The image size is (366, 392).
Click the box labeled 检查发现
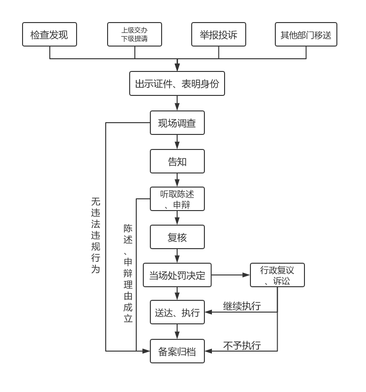(49, 34)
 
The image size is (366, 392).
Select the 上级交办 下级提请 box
(134, 34)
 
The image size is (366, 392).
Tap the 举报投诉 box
(218, 34)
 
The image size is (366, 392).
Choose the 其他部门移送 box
(306, 34)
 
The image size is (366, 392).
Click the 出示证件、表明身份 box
(177, 84)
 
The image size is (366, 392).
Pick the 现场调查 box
(177, 123)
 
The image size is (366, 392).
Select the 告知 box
(177, 161)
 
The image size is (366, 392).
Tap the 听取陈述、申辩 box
(177, 199)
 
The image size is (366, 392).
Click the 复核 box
(177, 237)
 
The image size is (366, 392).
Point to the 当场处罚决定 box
(177, 275)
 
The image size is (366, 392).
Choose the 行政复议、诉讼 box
(277, 275)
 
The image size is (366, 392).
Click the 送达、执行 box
(177, 312)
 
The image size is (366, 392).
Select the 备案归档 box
(177, 351)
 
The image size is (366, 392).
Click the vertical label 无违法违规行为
(96, 235)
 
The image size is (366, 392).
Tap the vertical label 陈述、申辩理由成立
(128, 273)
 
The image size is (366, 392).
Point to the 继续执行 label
(242, 306)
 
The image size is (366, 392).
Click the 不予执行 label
(242, 345)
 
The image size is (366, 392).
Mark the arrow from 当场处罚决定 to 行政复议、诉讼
(231, 274)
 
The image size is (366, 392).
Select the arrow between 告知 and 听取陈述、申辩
(178, 180)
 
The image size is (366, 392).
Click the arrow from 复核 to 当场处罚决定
(178, 256)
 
